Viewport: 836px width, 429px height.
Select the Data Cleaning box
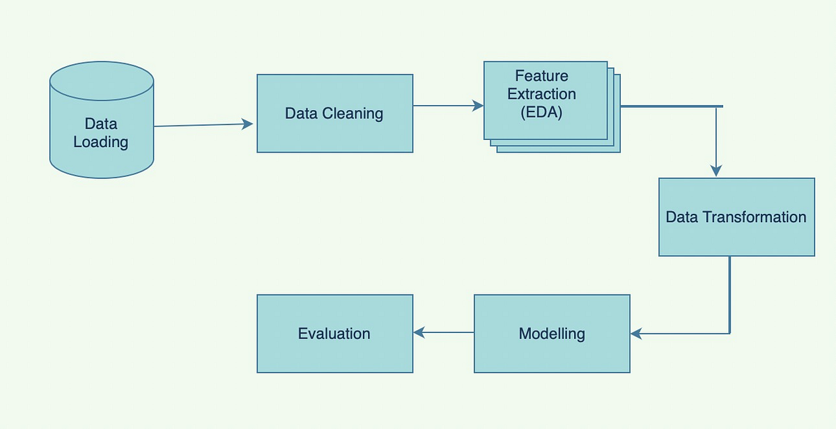334,114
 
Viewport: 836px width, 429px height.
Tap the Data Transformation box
736,217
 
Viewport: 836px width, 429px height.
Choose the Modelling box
552,334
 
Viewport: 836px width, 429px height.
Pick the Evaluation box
334,334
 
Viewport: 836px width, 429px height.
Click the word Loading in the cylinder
101,142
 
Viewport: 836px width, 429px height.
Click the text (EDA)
541,112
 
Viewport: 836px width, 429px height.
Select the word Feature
541,76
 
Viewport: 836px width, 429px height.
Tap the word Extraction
541,94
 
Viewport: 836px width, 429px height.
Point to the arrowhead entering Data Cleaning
248,124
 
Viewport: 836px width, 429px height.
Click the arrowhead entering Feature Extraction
478,106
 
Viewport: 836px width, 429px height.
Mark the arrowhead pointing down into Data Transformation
715,171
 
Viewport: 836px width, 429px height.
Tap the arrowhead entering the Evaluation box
419,333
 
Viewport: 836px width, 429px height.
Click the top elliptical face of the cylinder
101,77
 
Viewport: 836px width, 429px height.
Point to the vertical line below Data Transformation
729,292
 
